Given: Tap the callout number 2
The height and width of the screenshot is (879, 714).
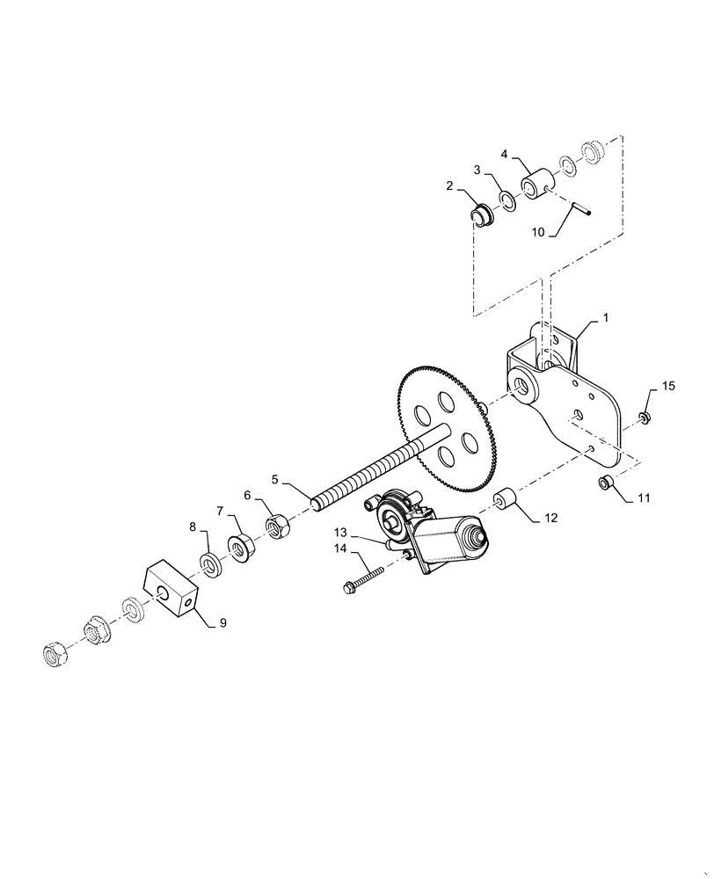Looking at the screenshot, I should point(449,186).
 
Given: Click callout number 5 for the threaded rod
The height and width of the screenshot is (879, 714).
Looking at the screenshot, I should point(275,480).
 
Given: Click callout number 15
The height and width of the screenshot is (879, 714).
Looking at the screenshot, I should point(669,386).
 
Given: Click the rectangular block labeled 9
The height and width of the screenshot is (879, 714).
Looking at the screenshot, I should point(169,590).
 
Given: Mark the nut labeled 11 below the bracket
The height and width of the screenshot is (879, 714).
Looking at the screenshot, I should point(605,482).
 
